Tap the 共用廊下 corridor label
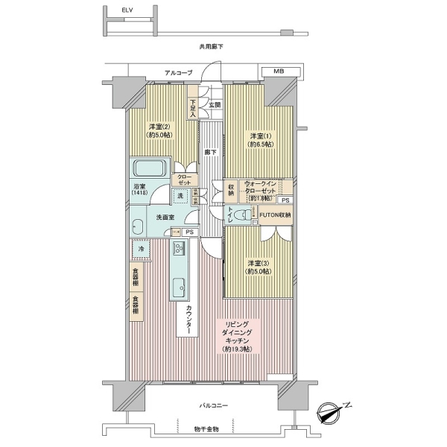211,48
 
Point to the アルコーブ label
179,72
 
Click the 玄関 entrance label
215,104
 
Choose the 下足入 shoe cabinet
192,108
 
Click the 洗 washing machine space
180,196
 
